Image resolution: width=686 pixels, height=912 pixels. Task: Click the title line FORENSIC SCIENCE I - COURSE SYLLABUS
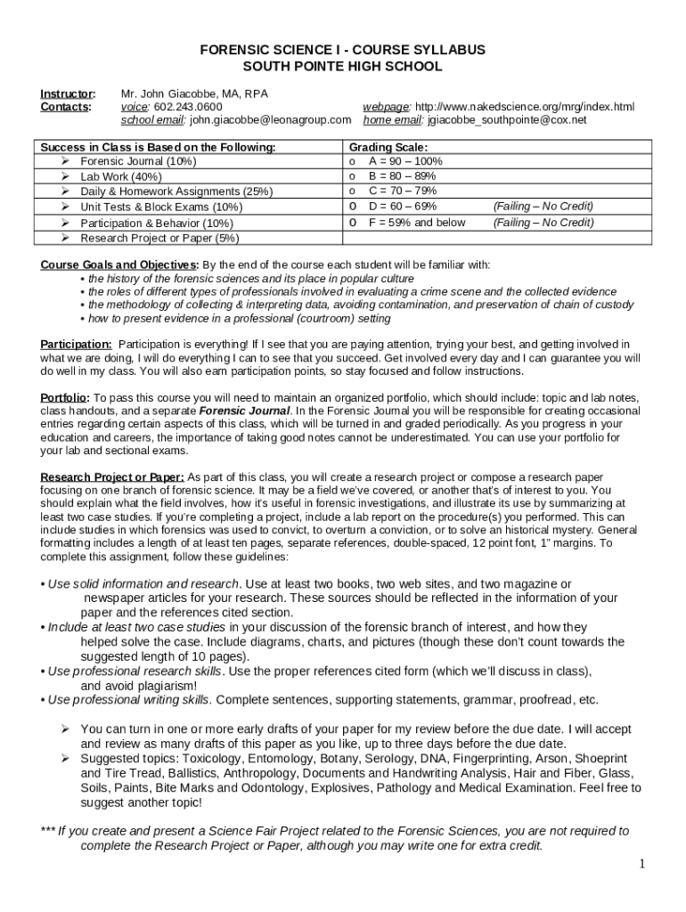[x=343, y=51]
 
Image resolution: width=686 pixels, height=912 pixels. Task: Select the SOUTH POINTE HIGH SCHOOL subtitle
[x=343, y=67]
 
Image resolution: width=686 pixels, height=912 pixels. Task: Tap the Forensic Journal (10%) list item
[x=138, y=161]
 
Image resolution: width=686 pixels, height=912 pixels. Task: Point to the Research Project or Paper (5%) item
[x=159, y=238]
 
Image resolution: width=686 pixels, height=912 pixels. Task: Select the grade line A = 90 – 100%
[x=405, y=161]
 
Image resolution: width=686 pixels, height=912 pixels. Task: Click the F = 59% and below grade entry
[x=417, y=223]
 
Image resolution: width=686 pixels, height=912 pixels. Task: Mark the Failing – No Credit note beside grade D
[x=543, y=207]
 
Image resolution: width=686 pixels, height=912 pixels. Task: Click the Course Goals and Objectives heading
[x=120, y=265]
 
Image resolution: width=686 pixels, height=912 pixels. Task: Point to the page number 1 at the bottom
[x=641, y=864]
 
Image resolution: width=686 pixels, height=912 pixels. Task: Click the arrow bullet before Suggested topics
[x=65, y=759]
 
